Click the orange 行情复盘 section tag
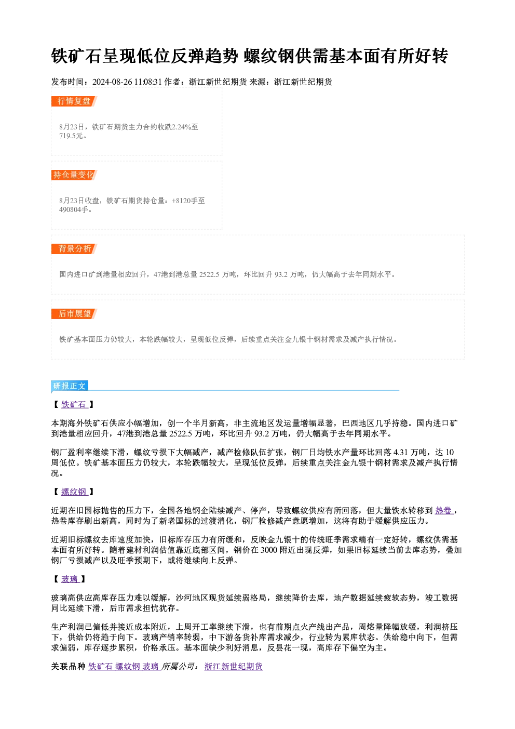pyautogui.click(x=74, y=101)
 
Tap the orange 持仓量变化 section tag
pyautogui.click(x=74, y=175)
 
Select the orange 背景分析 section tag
pyautogui.click(x=74, y=249)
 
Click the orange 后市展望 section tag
pyautogui.click(x=74, y=314)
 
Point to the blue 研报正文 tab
pyautogui.click(x=70, y=386)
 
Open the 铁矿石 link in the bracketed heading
pyautogui.click(x=74, y=405)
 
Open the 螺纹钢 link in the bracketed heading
pyautogui.click(x=74, y=492)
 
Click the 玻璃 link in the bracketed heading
pyautogui.click(x=70, y=579)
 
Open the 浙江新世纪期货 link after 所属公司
pyautogui.click(x=234, y=667)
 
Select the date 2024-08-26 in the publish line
pyautogui.click(x=112, y=82)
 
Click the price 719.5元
pyautogui.click(x=71, y=136)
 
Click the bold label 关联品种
pyautogui.click(x=68, y=667)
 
